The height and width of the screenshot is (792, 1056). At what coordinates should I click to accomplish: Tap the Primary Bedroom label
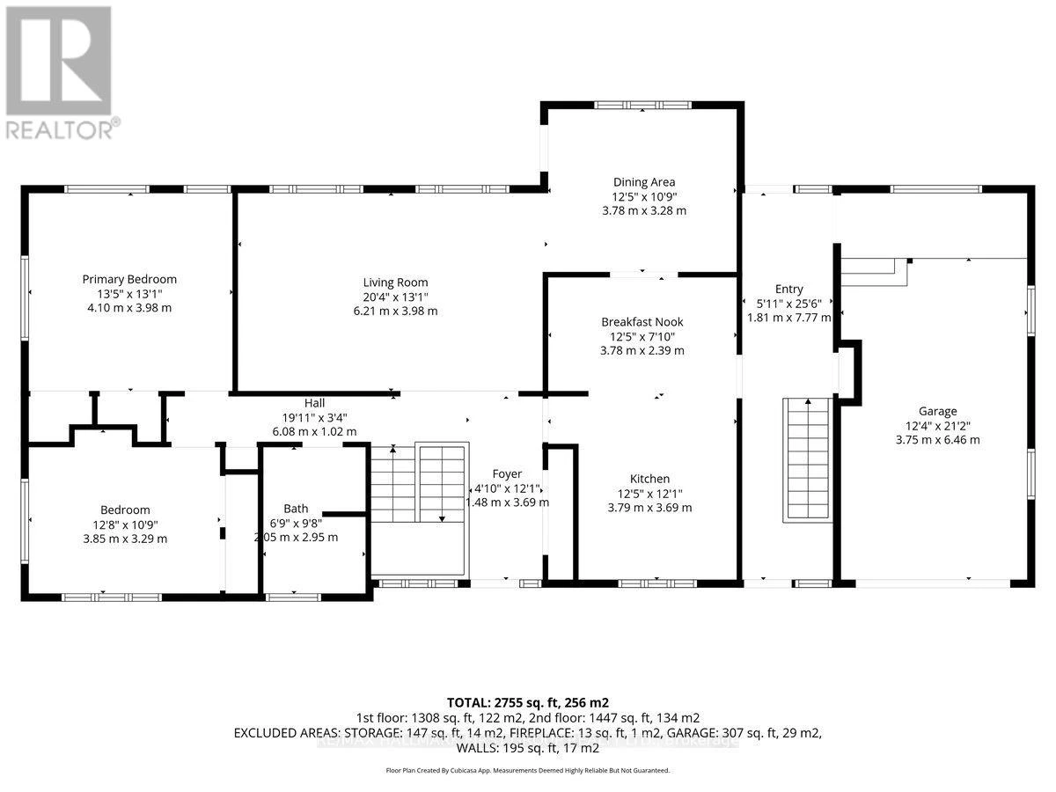coord(129,279)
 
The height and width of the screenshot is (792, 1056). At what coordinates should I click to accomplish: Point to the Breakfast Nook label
coord(642,322)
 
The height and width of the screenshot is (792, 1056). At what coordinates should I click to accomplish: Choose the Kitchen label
coord(649,479)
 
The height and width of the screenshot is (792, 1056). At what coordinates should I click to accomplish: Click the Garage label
coord(937,411)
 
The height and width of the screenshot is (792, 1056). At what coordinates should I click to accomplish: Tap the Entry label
coord(788,289)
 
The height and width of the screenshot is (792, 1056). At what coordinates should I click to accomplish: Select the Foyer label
coord(506,473)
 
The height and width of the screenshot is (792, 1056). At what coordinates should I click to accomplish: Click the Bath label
coord(296,509)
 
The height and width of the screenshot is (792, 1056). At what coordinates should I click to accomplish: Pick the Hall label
coord(314,402)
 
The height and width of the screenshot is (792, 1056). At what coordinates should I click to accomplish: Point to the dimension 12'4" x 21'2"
coord(937,425)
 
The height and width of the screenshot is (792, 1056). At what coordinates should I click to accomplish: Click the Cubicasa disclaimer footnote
coord(528,770)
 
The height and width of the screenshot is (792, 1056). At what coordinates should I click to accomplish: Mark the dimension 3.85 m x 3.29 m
coord(124,539)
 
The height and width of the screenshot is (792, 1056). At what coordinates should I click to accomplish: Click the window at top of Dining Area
coord(642,105)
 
